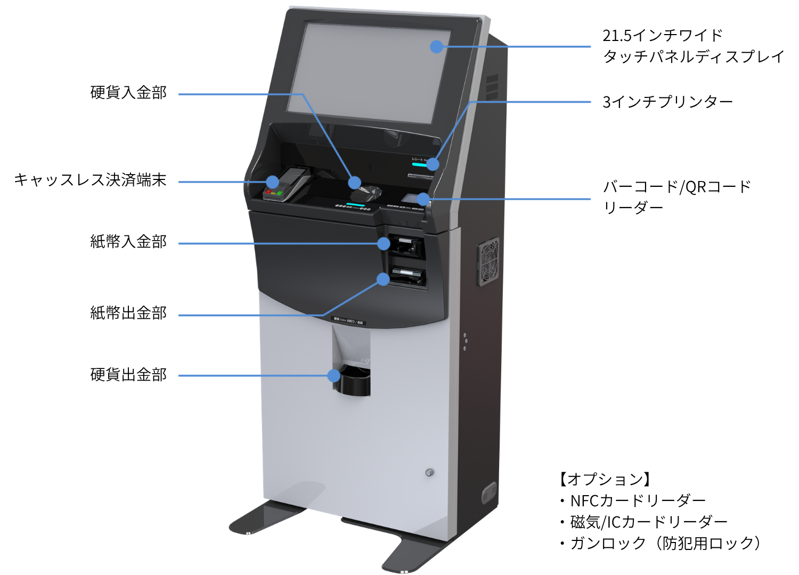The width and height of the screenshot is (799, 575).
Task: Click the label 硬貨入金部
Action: click(x=128, y=93)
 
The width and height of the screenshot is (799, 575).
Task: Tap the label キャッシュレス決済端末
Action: click(x=90, y=180)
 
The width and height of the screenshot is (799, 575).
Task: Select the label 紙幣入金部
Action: click(x=128, y=242)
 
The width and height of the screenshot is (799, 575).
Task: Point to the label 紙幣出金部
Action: click(x=128, y=313)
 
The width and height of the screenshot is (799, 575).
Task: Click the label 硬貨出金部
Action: click(x=128, y=375)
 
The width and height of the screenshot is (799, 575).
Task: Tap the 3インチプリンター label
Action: click(x=667, y=102)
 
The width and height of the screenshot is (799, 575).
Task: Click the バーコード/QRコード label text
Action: click(x=676, y=187)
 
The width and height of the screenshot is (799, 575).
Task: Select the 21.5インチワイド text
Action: click(x=663, y=36)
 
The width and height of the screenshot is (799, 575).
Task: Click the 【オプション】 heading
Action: click(x=605, y=479)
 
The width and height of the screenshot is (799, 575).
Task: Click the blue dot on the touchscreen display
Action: click(x=436, y=47)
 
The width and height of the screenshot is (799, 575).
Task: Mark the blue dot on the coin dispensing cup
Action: click(x=334, y=376)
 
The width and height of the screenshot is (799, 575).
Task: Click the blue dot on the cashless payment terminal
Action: click(x=272, y=182)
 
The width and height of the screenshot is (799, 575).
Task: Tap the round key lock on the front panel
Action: click(x=429, y=472)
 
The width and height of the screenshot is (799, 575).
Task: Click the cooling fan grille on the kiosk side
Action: click(x=488, y=261)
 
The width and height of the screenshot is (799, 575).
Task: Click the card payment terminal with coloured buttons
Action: click(x=286, y=185)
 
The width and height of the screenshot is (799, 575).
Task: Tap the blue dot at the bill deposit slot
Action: click(x=384, y=244)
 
